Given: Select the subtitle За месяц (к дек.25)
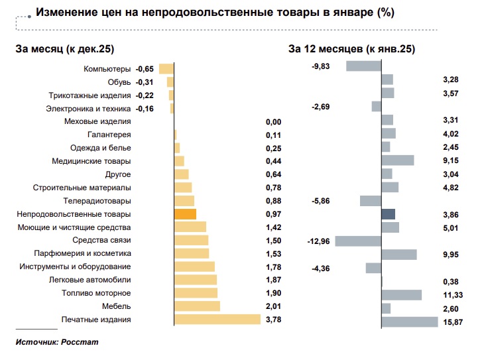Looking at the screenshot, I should pos(65,48).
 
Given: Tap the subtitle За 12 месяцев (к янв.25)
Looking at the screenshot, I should pos(351,48).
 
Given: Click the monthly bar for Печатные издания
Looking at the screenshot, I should pos(217,320).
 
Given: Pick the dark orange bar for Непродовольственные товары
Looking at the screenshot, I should pos(185,214).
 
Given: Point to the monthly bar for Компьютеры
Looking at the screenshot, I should pos(166,68).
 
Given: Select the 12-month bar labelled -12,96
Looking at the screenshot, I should pos(358,241).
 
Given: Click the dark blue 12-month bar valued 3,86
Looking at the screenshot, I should pos(389,214).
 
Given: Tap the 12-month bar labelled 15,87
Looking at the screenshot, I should pos(410,322).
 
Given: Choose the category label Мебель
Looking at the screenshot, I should pos(117,306).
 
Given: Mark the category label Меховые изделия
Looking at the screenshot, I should pos(97,121).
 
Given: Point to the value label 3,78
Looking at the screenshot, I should pos(273,320).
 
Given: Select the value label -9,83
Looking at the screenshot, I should pos(321,66).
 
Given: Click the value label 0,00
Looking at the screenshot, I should pos(273,122).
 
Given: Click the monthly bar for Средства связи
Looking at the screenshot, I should pos(191,240).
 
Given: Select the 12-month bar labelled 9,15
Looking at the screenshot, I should pos(398,160).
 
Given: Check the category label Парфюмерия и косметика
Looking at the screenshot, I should pos(82,253).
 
